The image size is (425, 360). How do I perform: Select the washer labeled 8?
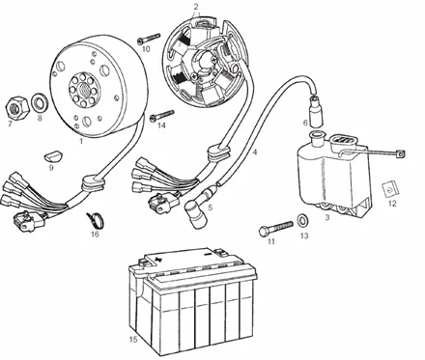tap(40, 102)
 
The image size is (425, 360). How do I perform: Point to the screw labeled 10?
tap(149, 39)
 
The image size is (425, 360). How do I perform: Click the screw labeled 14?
tap(162, 115)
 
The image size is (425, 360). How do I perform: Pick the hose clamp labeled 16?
tap(96, 219)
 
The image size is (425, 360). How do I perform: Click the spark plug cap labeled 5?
tap(196, 209)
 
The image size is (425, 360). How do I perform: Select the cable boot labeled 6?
tap(315, 111)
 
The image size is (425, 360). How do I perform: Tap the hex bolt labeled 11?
tap(276, 228)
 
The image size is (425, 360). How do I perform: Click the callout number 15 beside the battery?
tap(133, 340)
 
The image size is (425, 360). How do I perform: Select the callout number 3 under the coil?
tap(327, 217)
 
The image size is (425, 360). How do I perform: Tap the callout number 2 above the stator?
tap(196, 6)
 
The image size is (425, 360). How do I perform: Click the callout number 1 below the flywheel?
tap(81, 141)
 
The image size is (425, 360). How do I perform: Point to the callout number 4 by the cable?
tap(255, 152)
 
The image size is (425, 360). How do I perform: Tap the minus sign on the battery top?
tap(208, 254)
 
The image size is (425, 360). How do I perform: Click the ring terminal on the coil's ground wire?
tap(400, 154)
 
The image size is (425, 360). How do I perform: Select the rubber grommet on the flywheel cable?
tap(93, 183)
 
